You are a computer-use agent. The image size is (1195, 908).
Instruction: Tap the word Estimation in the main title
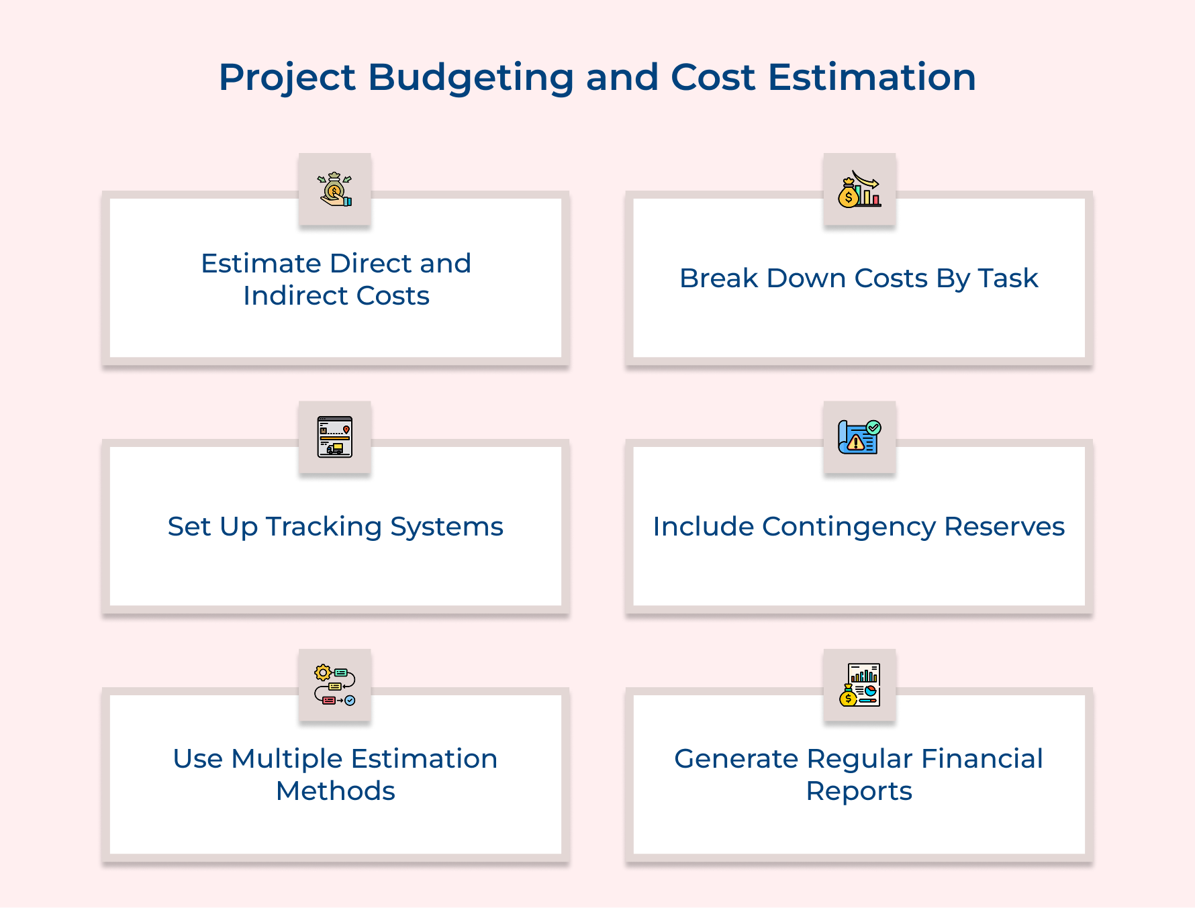click(871, 77)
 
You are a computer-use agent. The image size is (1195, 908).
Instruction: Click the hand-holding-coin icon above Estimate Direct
click(334, 189)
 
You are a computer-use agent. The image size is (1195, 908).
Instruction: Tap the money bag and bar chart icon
click(859, 189)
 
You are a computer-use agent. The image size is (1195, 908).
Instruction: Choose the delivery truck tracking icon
click(335, 437)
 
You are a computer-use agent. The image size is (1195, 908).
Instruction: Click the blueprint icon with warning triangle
click(859, 437)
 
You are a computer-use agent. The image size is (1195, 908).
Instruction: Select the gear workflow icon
click(335, 685)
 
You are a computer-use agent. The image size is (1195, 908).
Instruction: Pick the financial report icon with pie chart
click(859, 685)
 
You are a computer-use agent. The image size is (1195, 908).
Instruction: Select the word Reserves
click(1004, 527)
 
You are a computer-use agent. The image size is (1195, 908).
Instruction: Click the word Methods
click(336, 791)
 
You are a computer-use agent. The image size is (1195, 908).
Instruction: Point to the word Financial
click(982, 758)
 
